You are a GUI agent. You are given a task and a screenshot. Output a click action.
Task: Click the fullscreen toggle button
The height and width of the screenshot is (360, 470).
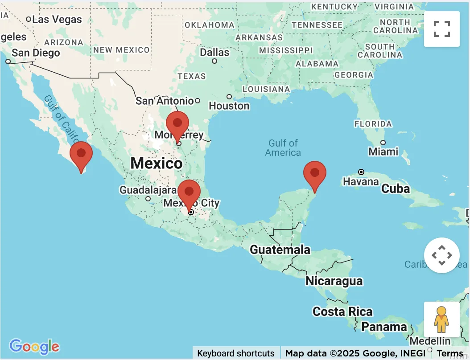441,29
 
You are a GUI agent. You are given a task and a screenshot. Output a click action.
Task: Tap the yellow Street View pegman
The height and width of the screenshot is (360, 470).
441,319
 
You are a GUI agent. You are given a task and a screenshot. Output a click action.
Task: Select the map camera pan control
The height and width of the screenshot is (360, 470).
441,255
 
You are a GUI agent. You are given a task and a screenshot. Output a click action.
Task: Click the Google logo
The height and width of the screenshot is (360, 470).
34,346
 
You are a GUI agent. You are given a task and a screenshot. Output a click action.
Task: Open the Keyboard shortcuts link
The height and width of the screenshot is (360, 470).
236,353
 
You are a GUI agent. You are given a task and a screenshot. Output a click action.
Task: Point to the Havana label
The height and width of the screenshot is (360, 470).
361,182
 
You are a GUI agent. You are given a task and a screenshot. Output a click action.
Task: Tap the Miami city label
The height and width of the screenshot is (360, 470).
383,151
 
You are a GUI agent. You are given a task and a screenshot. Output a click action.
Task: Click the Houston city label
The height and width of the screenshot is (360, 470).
229,106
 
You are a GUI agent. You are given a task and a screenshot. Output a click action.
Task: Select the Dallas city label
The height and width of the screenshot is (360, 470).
214,52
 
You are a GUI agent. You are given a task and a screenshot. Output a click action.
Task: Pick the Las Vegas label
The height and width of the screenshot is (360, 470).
57,19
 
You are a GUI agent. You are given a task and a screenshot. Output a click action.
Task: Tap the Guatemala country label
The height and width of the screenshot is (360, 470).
280,249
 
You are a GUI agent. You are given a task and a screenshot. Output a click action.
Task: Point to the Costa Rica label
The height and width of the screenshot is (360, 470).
342,311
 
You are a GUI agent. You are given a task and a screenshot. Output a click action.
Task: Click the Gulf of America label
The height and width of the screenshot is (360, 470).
283,148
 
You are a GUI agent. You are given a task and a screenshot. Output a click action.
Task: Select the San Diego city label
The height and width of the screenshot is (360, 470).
36,53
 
